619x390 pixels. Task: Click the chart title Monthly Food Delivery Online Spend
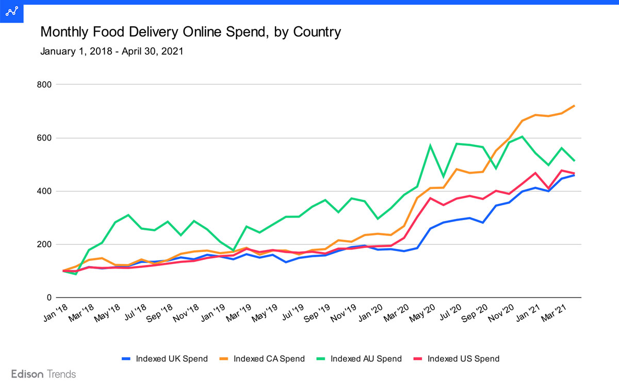(190, 32)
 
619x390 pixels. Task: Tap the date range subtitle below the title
(111, 52)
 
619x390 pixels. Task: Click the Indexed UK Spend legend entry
(165, 358)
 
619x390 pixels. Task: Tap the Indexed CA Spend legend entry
(263, 358)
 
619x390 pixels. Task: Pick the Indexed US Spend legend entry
(457, 358)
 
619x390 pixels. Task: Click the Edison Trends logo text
(43, 374)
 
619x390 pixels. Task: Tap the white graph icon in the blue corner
(11, 11)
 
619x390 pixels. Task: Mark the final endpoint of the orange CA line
(574, 106)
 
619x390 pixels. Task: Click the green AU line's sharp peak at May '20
(430, 146)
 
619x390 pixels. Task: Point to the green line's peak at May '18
(128, 215)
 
